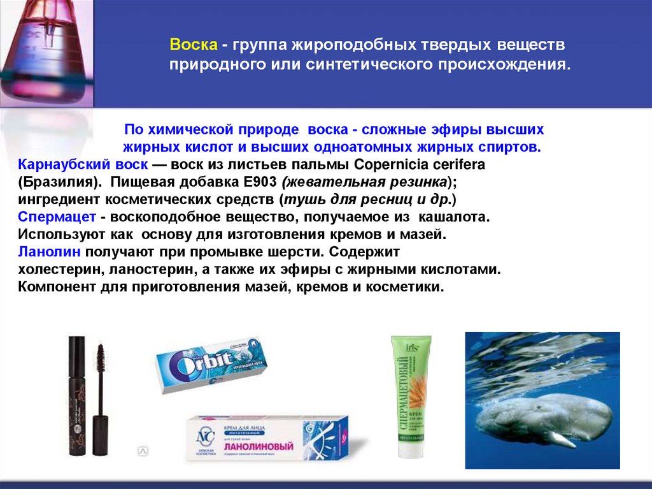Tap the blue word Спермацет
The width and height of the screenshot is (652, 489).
tap(57, 217)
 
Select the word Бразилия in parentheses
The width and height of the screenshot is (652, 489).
tap(58, 182)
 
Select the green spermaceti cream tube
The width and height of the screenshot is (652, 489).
tap(411, 389)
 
